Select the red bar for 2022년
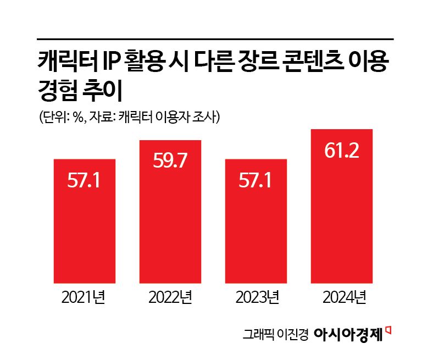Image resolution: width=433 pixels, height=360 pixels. (x=170, y=212)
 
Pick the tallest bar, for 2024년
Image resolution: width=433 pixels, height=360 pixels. (x=342, y=206)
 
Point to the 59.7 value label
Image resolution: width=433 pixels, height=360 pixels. (x=170, y=161)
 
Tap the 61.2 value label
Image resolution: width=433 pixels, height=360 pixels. (x=342, y=151)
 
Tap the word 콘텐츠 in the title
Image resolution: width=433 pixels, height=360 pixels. (x=309, y=60)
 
